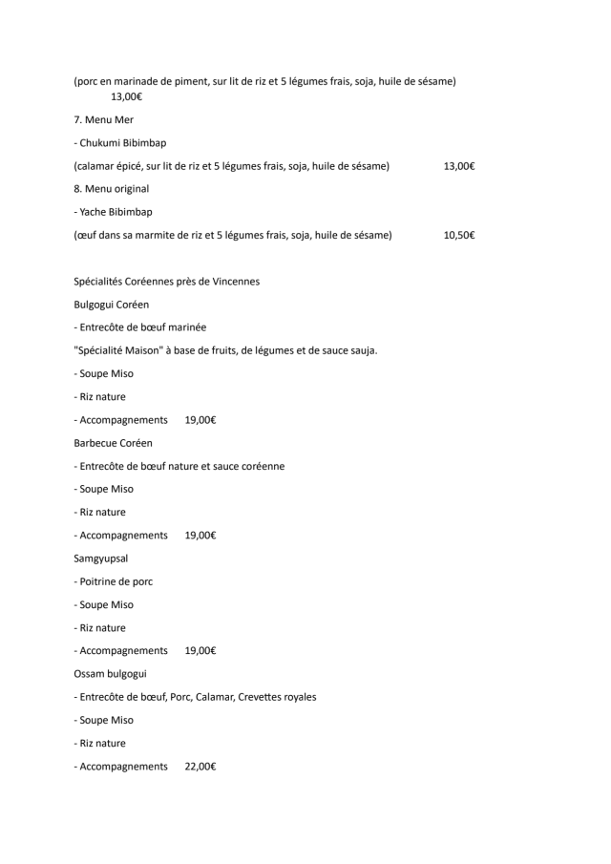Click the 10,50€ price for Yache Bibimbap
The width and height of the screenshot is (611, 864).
click(459, 235)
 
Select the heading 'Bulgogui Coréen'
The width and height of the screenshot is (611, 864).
click(112, 305)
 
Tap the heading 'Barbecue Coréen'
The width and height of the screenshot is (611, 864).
click(113, 443)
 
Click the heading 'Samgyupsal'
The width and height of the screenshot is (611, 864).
click(101, 558)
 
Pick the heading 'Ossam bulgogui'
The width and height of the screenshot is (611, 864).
click(110, 674)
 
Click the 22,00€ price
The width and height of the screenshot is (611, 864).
click(200, 767)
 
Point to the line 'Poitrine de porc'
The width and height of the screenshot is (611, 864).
click(116, 581)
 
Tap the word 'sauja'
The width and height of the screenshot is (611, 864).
click(362, 350)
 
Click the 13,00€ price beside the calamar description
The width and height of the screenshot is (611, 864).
click(459, 166)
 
